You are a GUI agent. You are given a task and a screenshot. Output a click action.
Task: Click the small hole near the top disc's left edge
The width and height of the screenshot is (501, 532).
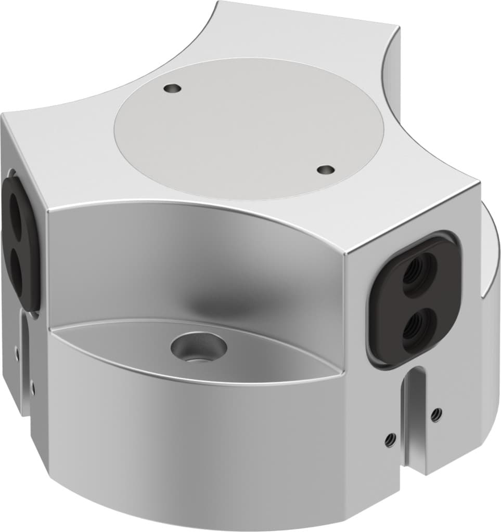172,89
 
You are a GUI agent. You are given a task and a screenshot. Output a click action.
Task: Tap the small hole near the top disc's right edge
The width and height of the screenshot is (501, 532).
326,169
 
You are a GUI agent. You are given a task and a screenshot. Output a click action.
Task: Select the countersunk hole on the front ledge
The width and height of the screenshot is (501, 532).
199,347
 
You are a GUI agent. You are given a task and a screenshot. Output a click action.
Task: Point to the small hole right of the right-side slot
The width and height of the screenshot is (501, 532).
436,414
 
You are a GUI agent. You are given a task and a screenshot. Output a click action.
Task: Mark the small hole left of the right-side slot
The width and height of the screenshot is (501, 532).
388,440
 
